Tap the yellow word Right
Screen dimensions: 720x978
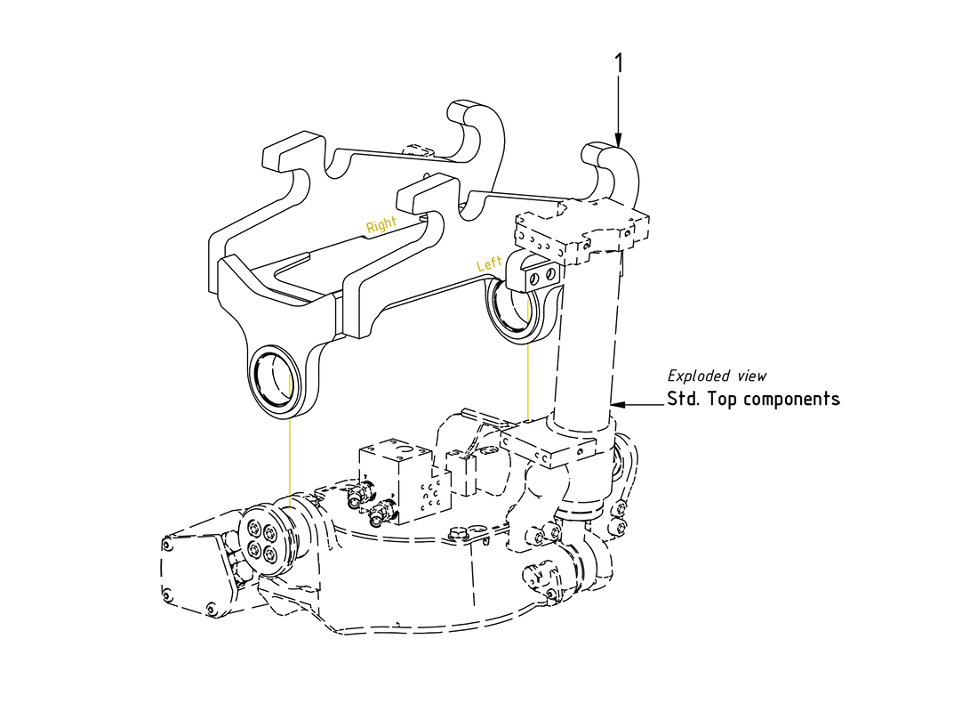click(x=381, y=226)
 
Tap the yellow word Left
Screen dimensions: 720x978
click(x=490, y=264)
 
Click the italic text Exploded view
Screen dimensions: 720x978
click(x=717, y=376)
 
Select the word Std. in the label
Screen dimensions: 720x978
click(x=683, y=399)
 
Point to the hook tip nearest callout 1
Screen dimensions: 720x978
click(x=613, y=160)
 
